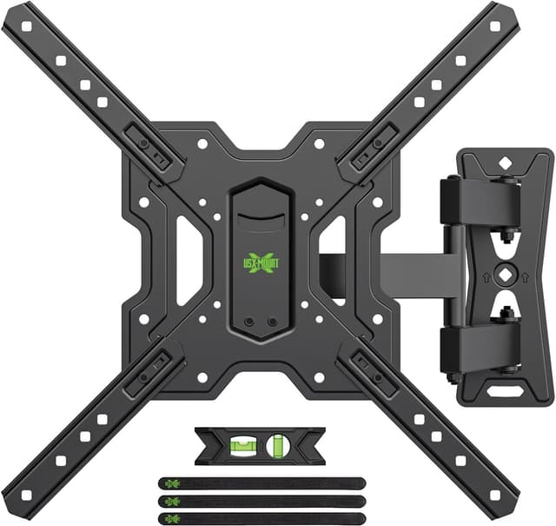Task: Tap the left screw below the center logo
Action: point(249,321)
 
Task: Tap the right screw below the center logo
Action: point(272,321)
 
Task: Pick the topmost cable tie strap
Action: point(261,483)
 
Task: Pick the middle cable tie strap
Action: point(261,502)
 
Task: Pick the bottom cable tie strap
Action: point(261,519)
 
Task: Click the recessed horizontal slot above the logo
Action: point(260,211)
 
